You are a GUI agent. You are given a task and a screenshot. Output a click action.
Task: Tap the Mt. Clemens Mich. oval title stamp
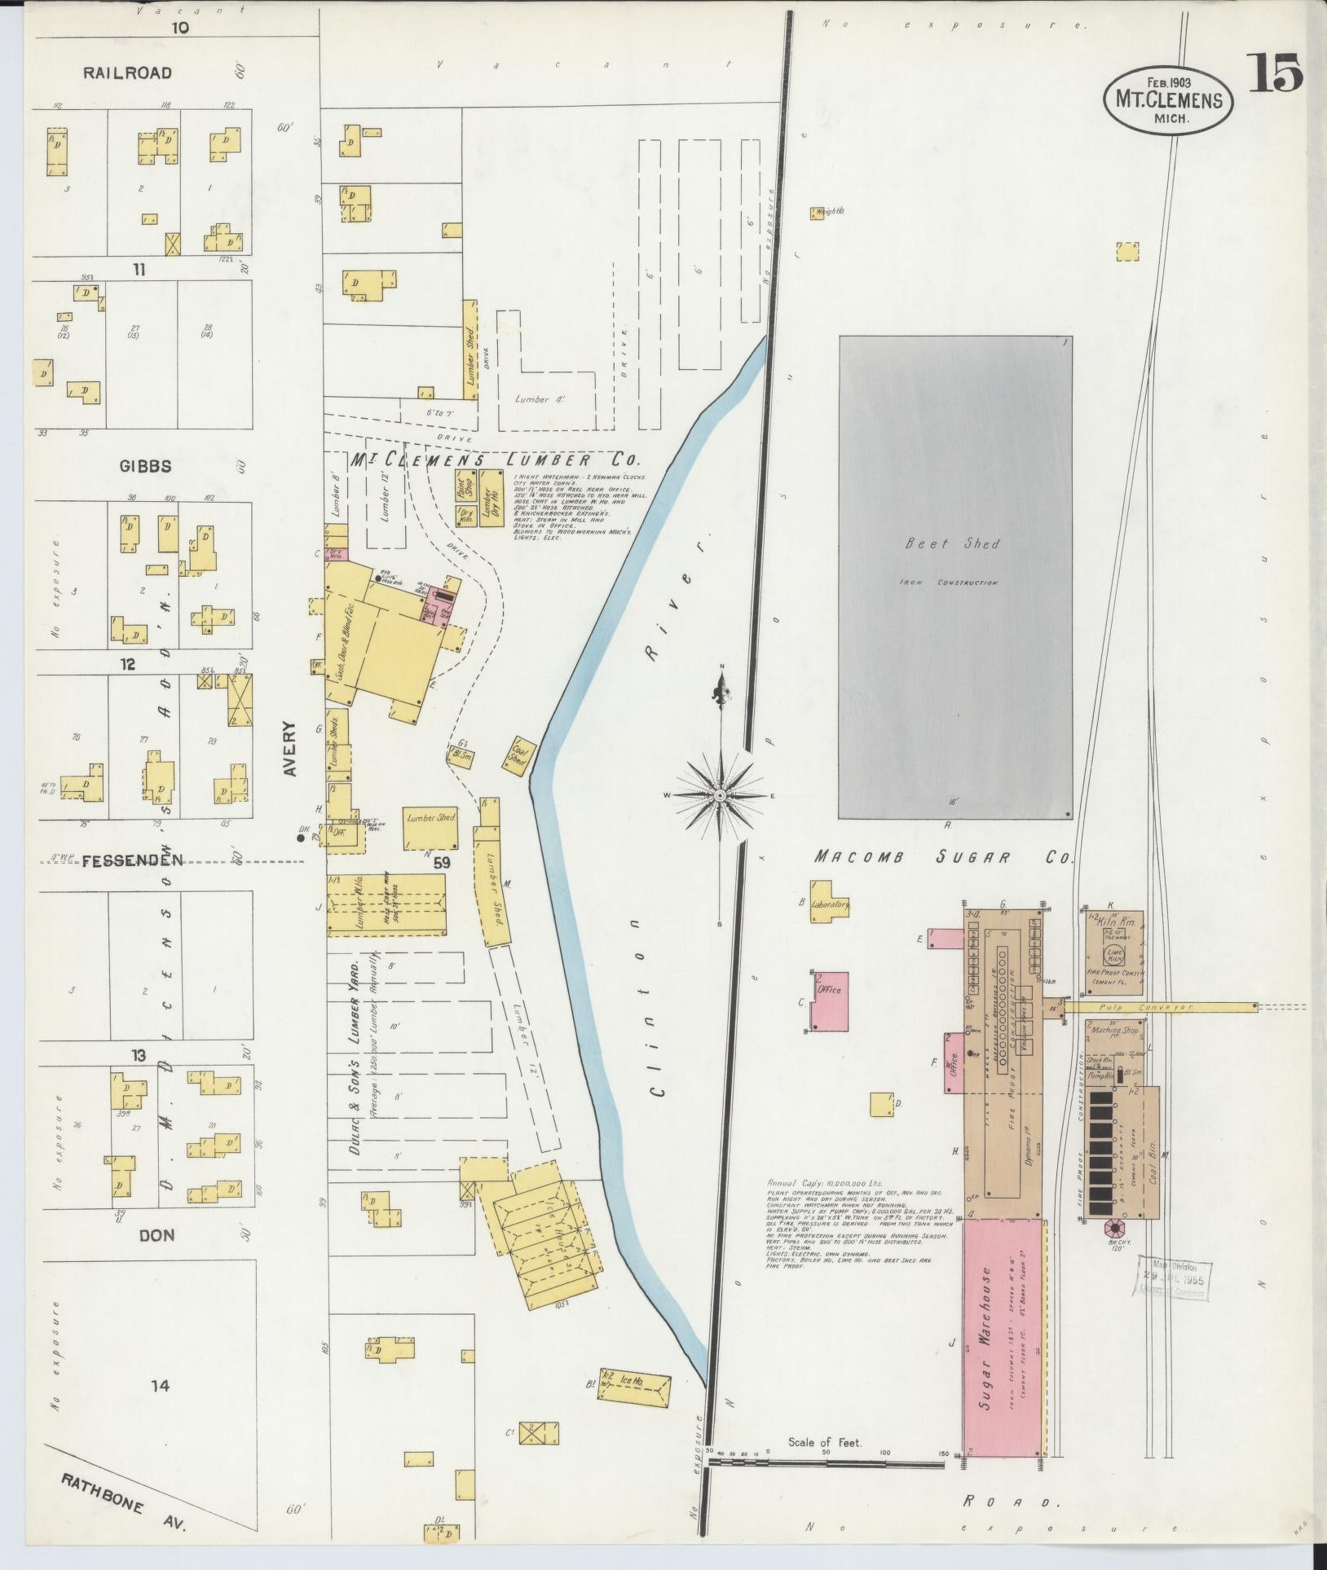tap(1168, 99)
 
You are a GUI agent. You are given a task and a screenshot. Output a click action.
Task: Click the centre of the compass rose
tap(721, 794)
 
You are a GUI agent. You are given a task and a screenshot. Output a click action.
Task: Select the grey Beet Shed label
tap(952, 543)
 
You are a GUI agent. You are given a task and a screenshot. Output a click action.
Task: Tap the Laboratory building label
tap(830, 904)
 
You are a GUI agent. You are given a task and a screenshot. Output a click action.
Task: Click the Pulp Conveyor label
tap(1157, 1008)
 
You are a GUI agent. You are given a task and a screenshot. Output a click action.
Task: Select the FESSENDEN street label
tap(131, 860)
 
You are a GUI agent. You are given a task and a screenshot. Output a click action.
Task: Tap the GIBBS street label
tap(145, 466)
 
